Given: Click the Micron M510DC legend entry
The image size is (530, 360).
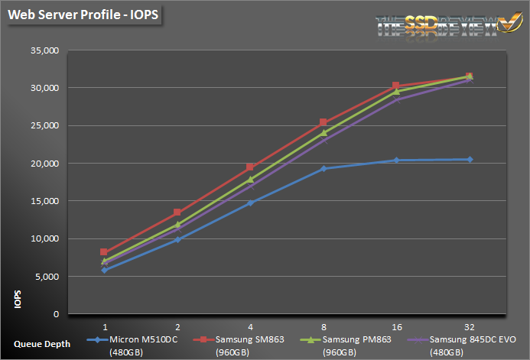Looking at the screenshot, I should click(x=133, y=339).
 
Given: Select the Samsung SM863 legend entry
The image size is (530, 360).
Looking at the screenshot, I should click(x=242, y=339).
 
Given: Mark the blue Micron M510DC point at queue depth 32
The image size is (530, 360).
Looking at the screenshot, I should click(x=469, y=159).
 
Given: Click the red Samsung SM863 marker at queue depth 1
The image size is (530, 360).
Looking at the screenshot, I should click(x=105, y=251).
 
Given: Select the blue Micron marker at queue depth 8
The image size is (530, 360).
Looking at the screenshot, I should click(x=324, y=168).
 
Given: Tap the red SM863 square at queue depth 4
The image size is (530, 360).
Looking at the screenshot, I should click(x=250, y=167).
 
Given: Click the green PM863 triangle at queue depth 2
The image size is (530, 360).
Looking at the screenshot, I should click(x=177, y=225).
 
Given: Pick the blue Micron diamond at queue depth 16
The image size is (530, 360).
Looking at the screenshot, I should click(x=396, y=160).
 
